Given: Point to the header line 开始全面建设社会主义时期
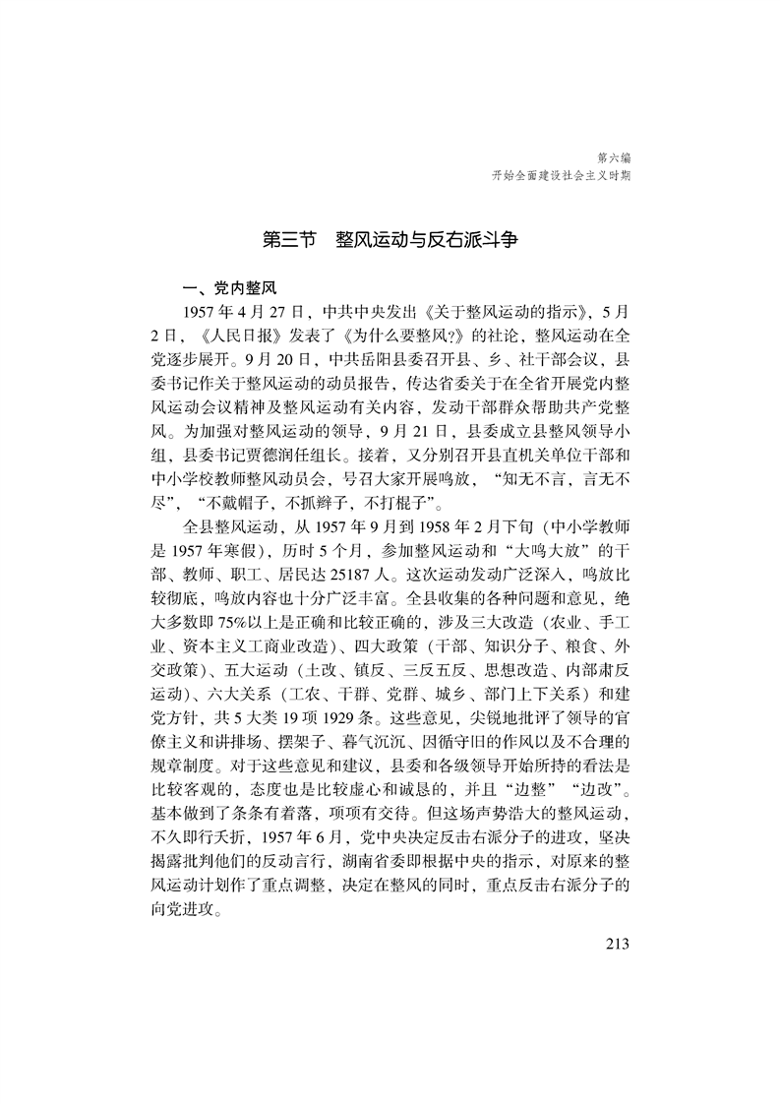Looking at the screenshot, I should tap(562, 175).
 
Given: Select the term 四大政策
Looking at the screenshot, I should tap(414, 648).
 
